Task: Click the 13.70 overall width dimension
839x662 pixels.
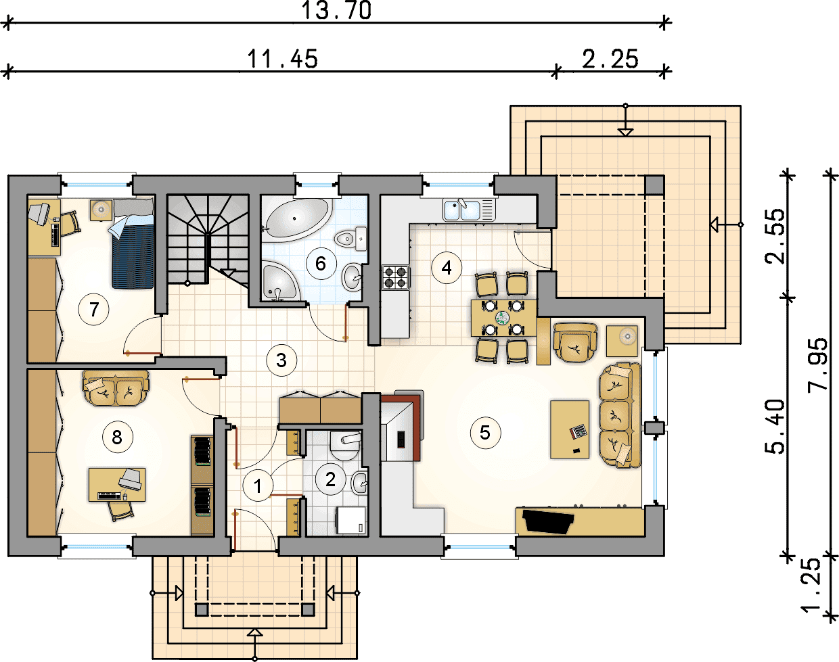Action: pyautogui.click(x=336, y=10)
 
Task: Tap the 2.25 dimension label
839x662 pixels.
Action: pyautogui.click(x=610, y=60)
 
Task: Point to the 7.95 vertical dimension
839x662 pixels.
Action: pyautogui.click(x=817, y=364)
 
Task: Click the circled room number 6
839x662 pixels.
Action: pyautogui.click(x=321, y=264)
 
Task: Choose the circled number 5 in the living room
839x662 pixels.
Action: pyautogui.click(x=485, y=433)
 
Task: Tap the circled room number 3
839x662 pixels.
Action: pyautogui.click(x=281, y=360)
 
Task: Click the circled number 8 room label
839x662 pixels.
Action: pyautogui.click(x=117, y=438)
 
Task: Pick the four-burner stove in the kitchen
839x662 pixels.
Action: pyautogui.click(x=396, y=277)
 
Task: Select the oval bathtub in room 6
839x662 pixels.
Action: pyautogui.click(x=298, y=219)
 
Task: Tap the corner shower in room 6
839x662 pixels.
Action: pyautogui.click(x=280, y=281)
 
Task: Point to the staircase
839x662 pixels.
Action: pyautogui.click(x=208, y=239)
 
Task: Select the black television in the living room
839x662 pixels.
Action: pyautogui.click(x=548, y=521)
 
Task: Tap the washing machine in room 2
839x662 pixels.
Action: pyautogui.click(x=351, y=520)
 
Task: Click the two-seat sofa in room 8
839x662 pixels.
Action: pyautogui.click(x=116, y=387)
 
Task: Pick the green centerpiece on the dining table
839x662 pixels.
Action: pyautogui.click(x=502, y=318)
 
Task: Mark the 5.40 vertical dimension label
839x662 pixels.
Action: pyautogui.click(x=774, y=426)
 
